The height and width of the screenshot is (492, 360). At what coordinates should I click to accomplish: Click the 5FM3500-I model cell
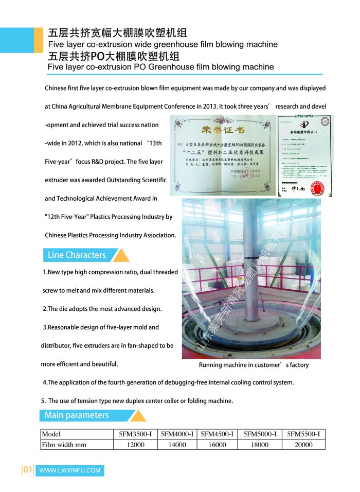(x=135, y=434)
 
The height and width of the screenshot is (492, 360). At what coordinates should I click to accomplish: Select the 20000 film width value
(x=303, y=445)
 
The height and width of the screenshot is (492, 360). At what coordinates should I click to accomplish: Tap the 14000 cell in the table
(x=177, y=445)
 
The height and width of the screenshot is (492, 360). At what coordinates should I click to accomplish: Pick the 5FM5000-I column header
(x=259, y=434)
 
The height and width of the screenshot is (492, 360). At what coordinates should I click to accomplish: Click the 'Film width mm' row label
(x=64, y=445)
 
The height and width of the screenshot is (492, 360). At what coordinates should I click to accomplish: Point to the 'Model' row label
(x=51, y=434)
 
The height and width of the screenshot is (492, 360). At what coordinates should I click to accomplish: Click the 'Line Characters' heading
(x=77, y=255)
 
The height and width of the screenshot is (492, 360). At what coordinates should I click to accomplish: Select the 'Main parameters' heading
(x=77, y=415)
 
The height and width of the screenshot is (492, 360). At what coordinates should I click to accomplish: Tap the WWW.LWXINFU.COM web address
(x=69, y=470)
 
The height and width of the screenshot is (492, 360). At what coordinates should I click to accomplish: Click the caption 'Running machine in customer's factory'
(x=254, y=365)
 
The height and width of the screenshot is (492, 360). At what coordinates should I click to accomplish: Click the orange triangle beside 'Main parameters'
(x=137, y=416)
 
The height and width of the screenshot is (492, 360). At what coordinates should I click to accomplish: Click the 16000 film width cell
(x=217, y=445)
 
